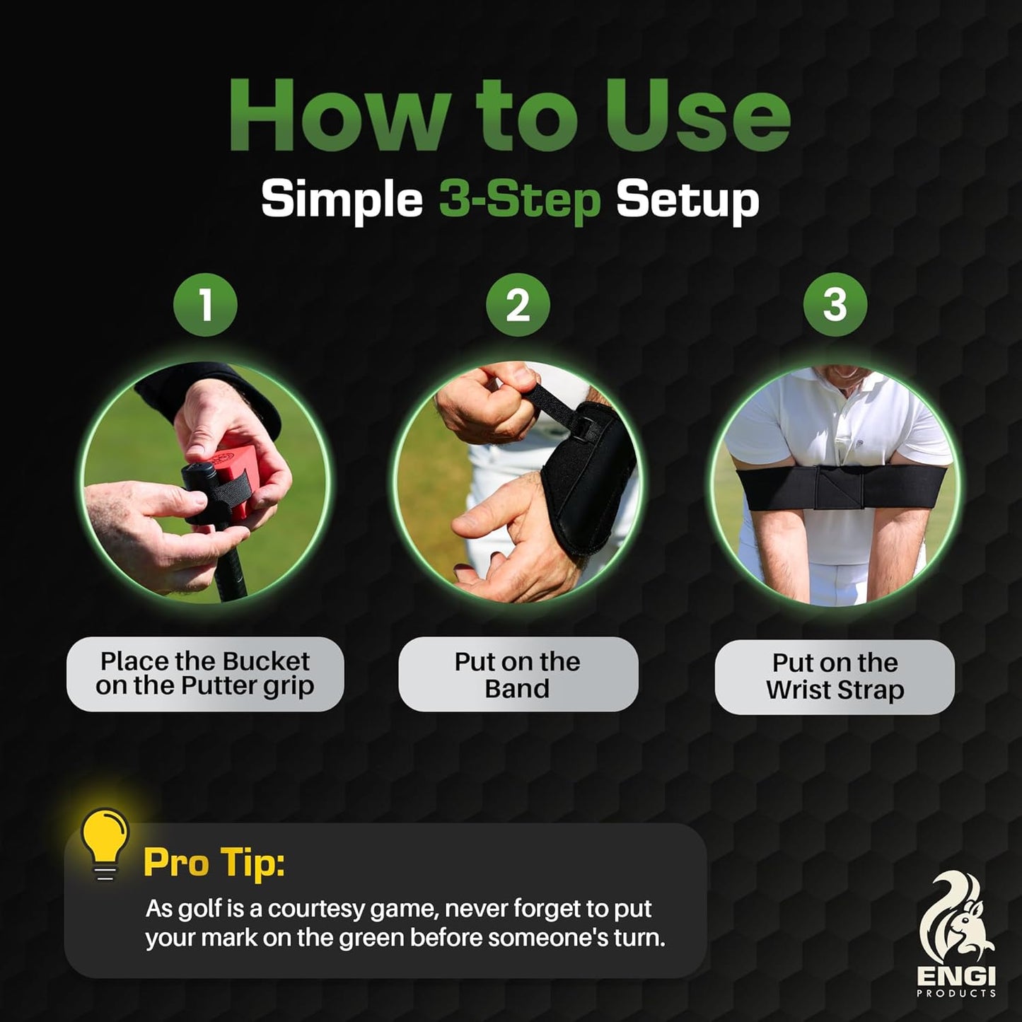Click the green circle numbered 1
(205, 304)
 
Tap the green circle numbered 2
(518, 304)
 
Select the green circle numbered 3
(835, 304)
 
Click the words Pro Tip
(214, 862)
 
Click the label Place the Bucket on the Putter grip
(205, 673)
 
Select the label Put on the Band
(518, 674)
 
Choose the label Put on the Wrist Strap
(835, 677)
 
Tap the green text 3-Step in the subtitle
(520, 200)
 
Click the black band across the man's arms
(835, 489)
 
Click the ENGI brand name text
(956, 977)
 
